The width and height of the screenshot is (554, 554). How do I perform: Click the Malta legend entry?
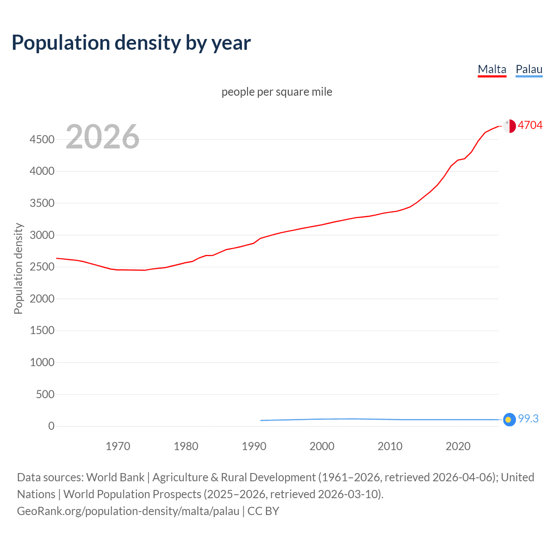(x=492, y=69)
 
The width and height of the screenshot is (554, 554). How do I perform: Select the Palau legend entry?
(x=529, y=69)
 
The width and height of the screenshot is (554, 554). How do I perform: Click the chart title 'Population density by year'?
(x=131, y=42)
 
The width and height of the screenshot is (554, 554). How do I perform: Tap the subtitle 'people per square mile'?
(x=277, y=92)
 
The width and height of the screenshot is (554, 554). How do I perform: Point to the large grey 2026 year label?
(x=103, y=137)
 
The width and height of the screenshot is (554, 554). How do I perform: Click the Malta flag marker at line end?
(x=509, y=126)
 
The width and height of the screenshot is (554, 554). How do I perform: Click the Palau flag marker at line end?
(x=509, y=419)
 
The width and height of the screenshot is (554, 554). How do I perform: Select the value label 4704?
(x=530, y=125)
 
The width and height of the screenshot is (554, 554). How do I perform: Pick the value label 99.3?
(x=528, y=419)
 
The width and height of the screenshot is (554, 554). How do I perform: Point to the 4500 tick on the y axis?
(x=42, y=139)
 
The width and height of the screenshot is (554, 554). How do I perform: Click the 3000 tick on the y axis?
(x=42, y=235)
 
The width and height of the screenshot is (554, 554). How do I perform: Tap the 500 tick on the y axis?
(x=45, y=394)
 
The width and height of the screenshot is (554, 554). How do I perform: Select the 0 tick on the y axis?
(x=52, y=426)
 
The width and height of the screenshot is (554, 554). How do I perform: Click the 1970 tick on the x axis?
(x=118, y=446)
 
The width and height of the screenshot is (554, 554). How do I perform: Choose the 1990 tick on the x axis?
(x=254, y=446)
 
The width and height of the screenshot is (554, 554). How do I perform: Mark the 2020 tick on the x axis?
(x=458, y=446)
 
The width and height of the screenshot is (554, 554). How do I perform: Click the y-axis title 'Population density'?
(x=18, y=268)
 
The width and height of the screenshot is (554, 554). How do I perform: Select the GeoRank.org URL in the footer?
(x=128, y=511)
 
